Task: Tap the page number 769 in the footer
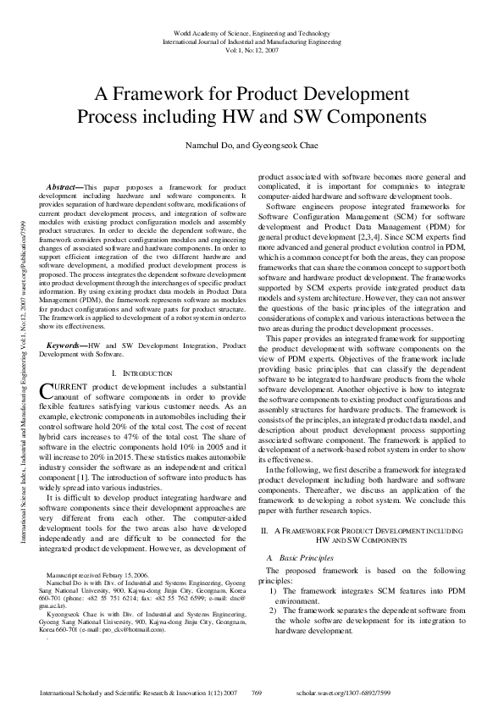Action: tap(257, 693)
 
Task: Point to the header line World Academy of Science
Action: tap(252, 32)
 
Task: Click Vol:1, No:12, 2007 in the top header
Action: tap(252, 48)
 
